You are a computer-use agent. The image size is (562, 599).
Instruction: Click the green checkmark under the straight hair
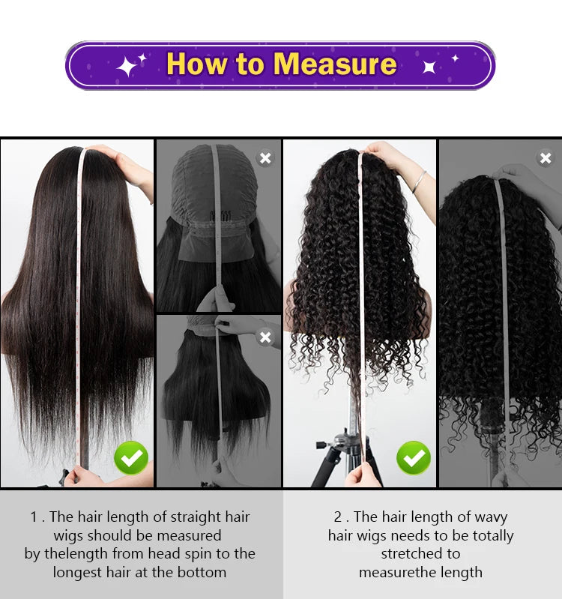pos(131,457)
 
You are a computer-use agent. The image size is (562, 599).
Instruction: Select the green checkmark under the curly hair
pos(414,457)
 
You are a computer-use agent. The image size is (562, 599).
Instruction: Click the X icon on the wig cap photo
pos(265,157)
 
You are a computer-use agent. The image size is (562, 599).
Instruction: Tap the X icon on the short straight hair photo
pos(265,337)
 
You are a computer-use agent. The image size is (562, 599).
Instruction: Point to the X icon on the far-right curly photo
pos(546,157)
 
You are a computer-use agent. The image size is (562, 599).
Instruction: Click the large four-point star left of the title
pos(127,67)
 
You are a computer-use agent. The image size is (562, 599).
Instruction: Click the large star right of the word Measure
pos(430,67)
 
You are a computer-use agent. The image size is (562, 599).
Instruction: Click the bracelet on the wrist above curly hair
pos(419,181)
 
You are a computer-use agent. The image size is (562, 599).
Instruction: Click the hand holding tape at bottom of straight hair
pos(81,476)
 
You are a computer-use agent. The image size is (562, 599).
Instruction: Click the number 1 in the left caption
pos(34,517)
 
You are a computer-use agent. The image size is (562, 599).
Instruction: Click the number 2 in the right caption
pos(337,517)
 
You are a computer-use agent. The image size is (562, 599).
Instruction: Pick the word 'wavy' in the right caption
pos(489,517)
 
